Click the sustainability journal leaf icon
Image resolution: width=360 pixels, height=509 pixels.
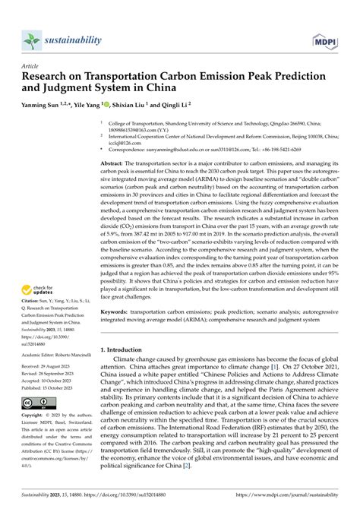pyautogui.click(x=31, y=40)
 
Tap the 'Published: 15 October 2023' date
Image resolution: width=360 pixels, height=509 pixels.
pyautogui.click(x=52, y=388)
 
